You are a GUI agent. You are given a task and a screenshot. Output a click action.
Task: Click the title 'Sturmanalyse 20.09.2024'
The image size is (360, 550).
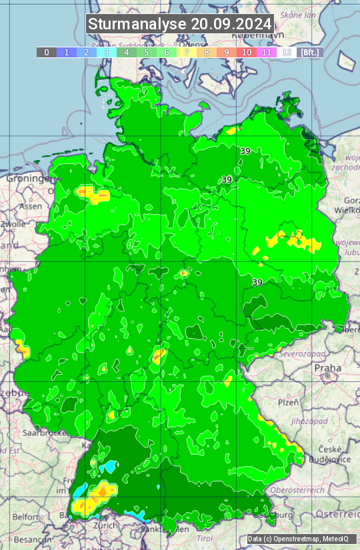180,24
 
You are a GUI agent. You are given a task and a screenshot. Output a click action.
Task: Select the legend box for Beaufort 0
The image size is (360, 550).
46,52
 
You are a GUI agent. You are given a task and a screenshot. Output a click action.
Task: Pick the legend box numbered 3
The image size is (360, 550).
107,52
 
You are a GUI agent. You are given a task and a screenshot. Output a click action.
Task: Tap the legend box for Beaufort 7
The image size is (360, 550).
187,52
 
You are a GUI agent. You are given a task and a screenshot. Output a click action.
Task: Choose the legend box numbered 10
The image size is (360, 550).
247,52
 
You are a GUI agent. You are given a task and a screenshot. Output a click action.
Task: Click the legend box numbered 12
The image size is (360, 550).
287,52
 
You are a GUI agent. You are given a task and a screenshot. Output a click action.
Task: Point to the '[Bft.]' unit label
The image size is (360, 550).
310,52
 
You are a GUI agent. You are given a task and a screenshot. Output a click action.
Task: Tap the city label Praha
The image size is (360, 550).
327,368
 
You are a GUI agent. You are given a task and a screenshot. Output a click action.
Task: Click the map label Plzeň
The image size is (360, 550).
287,402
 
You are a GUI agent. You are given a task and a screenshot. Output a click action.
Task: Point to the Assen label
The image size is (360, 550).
30,207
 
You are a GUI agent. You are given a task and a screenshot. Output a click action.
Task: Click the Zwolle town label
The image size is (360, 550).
12,224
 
